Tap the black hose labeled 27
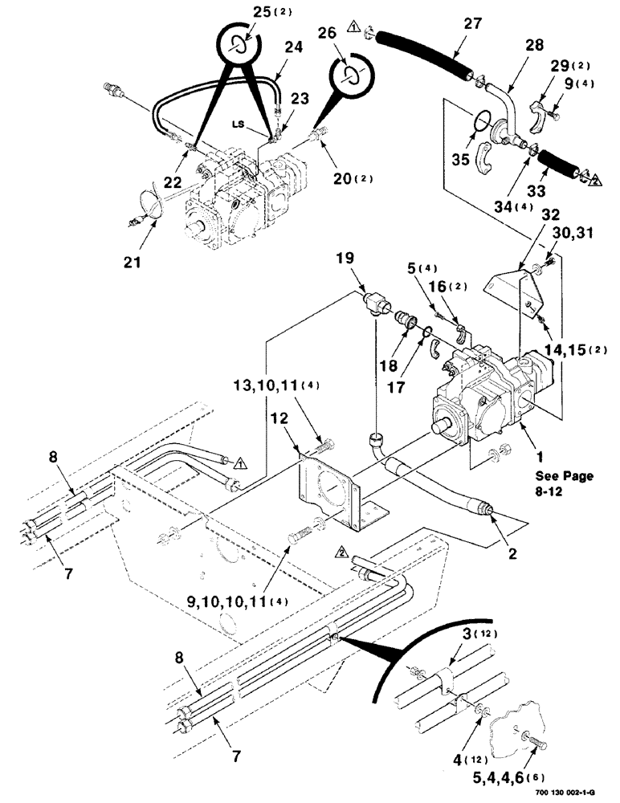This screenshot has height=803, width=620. coord(426,53)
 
